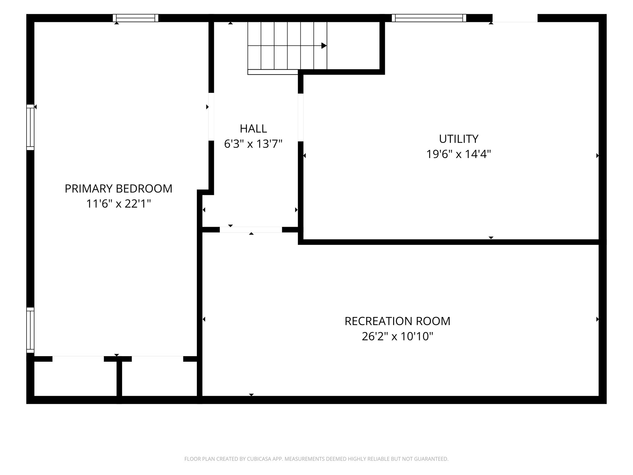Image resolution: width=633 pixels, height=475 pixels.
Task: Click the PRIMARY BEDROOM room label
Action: [x=118, y=189]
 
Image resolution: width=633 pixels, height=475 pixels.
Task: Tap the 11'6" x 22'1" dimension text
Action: [x=119, y=204]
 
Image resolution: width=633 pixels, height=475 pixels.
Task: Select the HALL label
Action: [x=253, y=129]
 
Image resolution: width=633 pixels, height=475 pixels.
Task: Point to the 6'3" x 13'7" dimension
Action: [x=253, y=144]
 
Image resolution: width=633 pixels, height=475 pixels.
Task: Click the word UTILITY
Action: [x=459, y=139]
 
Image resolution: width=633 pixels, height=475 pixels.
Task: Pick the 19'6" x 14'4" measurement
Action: [x=459, y=154]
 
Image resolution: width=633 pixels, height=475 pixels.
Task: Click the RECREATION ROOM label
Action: [x=397, y=321]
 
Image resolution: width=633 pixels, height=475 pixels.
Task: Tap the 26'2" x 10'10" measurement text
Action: [x=397, y=336]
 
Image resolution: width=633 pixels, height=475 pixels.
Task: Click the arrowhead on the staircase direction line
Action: [x=324, y=46]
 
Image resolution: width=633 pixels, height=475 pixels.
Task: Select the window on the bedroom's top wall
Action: [x=135, y=18]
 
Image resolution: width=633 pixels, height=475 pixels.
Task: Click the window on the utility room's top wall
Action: [x=429, y=18]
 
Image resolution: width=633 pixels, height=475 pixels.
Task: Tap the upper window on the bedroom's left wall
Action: [x=30, y=127]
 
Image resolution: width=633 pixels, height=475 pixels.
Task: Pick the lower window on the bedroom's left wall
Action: [x=30, y=330]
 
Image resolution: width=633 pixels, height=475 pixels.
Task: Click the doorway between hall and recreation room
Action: [x=251, y=229]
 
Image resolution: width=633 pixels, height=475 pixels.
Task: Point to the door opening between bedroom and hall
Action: [x=211, y=117]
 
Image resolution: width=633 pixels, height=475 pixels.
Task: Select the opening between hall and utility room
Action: [x=300, y=118]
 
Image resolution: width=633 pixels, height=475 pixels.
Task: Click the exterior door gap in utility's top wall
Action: [x=515, y=18]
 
